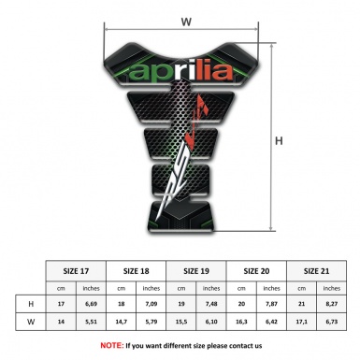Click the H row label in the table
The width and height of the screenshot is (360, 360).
pyautogui.click(x=32, y=305)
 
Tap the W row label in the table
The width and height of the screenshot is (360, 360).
pyautogui.click(x=32, y=323)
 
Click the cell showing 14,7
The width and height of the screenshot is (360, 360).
pyautogui.click(x=122, y=323)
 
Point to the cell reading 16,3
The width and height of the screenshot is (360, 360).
pyautogui.click(x=242, y=323)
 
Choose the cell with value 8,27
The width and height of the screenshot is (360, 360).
pyautogui.click(x=332, y=305)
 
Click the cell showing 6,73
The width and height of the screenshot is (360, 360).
pyautogui.click(x=332, y=323)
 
